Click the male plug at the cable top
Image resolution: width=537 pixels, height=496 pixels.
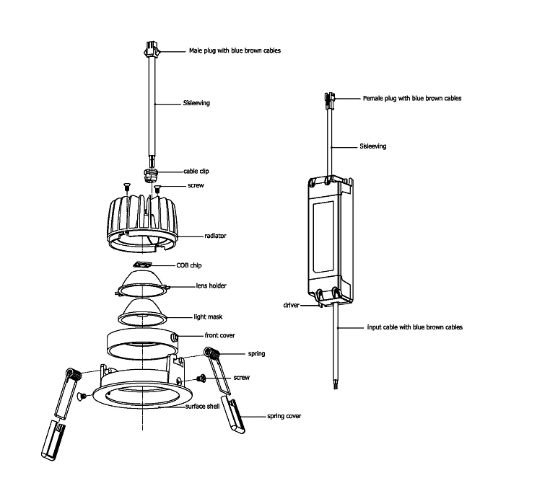(152, 50)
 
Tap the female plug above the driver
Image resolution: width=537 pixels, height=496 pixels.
(330, 99)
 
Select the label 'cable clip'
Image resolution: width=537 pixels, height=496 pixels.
(196, 172)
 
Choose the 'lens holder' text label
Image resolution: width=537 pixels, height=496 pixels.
(211, 286)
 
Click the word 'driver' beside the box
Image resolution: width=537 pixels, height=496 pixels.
(292, 306)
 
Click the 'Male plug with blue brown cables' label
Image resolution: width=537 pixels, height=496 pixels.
(234, 51)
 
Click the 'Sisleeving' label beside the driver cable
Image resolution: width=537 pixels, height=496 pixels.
(372, 146)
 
